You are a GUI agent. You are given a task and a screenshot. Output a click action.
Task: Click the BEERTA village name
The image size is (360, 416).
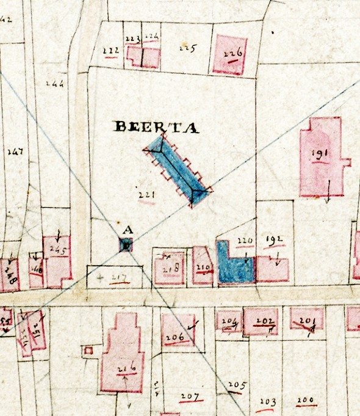(x=156, y=127)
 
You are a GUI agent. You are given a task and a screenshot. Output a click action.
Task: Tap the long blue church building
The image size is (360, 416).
(x=179, y=172)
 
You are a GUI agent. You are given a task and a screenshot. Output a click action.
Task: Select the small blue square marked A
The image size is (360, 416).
(x=126, y=246)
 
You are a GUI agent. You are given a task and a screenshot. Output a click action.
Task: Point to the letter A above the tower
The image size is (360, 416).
(x=128, y=230)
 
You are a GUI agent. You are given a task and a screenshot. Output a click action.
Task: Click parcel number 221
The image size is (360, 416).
(x=146, y=195)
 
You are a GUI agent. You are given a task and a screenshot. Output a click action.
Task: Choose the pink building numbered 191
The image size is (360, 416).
(x=320, y=156)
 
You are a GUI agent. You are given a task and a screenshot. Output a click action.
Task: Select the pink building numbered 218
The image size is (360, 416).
(x=169, y=269)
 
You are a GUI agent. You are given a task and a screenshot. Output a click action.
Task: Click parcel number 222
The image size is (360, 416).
(x=110, y=51)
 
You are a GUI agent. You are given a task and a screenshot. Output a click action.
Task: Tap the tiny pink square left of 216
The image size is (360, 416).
(x=88, y=351)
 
